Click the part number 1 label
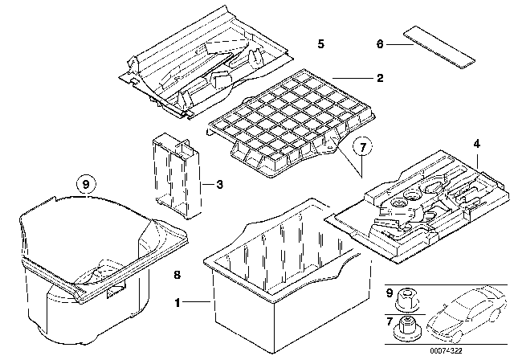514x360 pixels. pyautogui.click(x=178, y=303)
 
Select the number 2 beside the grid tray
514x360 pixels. pyautogui.click(x=380, y=79)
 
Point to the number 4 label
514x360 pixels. pyautogui.click(x=477, y=144)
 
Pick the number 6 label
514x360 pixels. pyautogui.click(x=380, y=45)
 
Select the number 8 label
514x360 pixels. pyautogui.click(x=178, y=275)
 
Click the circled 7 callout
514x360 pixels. pyautogui.click(x=362, y=146)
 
